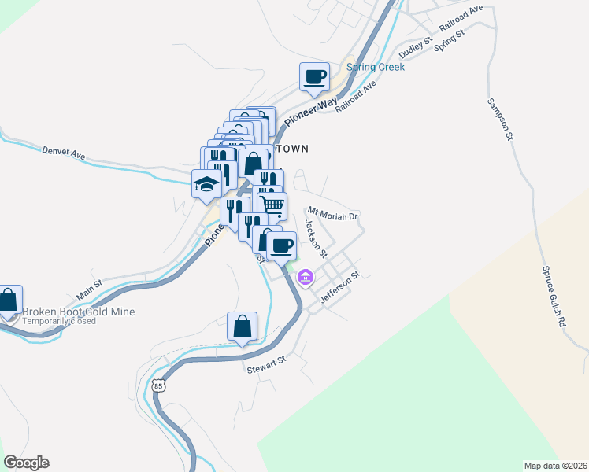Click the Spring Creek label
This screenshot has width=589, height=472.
(376, 67)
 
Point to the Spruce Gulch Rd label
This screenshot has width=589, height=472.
(553, 296)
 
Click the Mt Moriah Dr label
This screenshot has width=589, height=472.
(333, 214)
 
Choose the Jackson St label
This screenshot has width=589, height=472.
(316, 238)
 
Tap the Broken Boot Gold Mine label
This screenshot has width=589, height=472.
(79, 312)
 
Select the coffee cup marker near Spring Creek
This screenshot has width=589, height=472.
(314, 78)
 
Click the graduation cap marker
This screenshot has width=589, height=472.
(206, 185)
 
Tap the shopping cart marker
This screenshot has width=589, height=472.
(272, 206)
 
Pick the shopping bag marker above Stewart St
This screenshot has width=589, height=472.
(242, 326)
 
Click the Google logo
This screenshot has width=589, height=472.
(26, 463)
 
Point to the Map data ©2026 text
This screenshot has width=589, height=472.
(555, 465)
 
